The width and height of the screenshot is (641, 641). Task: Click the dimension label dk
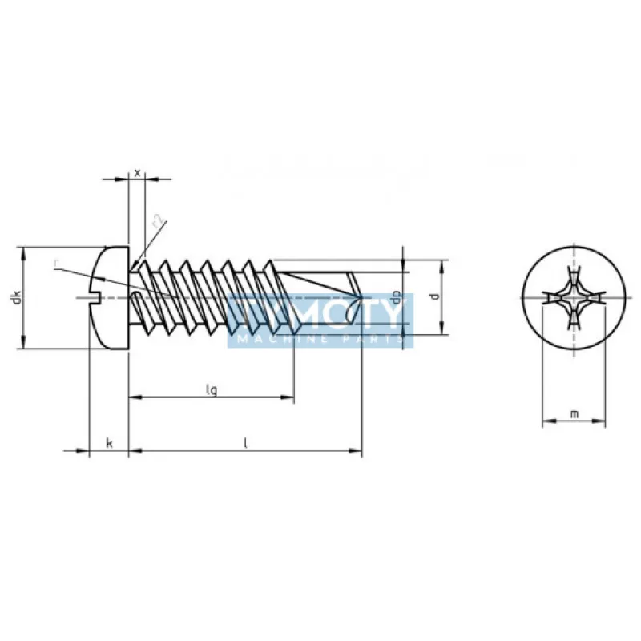[x=15, y=298]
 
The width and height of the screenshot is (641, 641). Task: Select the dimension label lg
[x=211, y=389]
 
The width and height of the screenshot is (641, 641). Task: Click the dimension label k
[x=108, y=443]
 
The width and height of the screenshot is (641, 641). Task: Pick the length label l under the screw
[x=245, y=443]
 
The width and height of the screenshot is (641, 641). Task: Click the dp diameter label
[x=396, y=296]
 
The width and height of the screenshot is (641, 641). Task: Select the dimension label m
[x=574, y=413]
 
